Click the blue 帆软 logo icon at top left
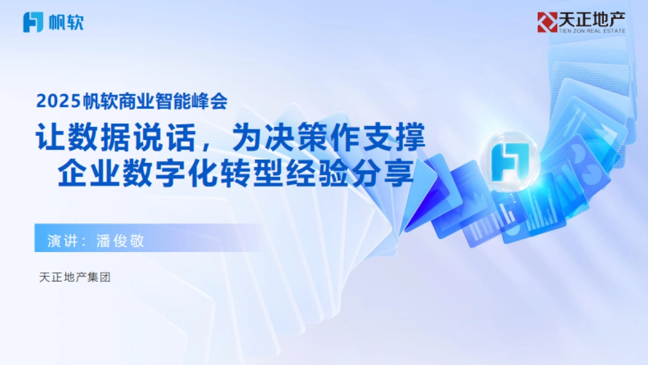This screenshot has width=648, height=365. (33, 22)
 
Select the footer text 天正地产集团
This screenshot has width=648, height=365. (75, 278)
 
